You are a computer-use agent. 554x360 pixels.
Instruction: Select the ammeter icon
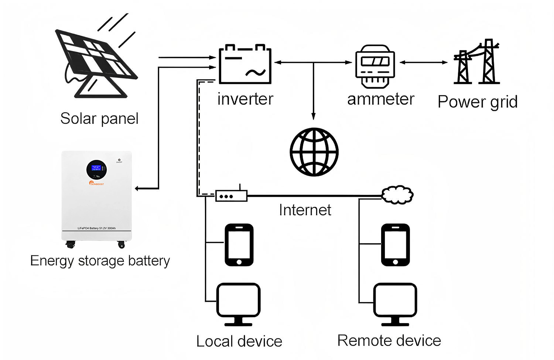(375, 66)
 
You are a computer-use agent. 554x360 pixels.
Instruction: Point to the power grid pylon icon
(476, 63)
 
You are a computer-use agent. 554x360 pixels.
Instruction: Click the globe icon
(314, 152)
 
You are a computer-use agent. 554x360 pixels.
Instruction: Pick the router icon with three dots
(231, 196)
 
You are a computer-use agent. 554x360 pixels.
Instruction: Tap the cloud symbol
(397, 195)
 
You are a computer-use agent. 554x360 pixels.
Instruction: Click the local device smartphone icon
(239, 245)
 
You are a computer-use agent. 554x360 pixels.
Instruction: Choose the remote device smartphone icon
(395, 245)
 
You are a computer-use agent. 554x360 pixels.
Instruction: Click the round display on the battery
(96, 169)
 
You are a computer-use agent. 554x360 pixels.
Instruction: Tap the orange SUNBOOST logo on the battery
(97, 184)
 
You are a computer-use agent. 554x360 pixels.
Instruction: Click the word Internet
(305, 210)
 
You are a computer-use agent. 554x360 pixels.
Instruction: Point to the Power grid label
(477, 102)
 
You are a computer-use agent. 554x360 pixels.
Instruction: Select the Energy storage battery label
(100, 261)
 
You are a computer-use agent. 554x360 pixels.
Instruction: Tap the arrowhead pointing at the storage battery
(137, 189)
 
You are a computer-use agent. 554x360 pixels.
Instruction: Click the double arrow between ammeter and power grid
(424, 62)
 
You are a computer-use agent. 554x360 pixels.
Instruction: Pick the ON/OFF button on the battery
(119, 159)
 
